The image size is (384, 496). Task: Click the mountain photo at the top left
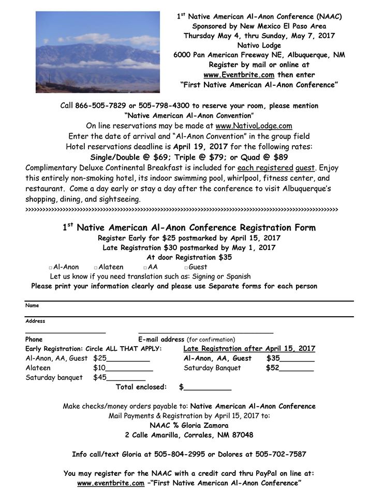click(98, 52)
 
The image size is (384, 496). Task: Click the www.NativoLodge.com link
click(254, 125)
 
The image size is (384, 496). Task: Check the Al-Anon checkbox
click(51, 268)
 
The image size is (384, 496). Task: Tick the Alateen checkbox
click(96, 268)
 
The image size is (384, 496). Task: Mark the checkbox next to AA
click(145, 268)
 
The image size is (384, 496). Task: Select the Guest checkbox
click(186, 268)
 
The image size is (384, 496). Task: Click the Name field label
click(32, 305)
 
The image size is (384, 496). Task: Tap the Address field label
click(35, 321)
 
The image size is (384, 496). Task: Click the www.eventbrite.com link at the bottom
click(111, 483)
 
